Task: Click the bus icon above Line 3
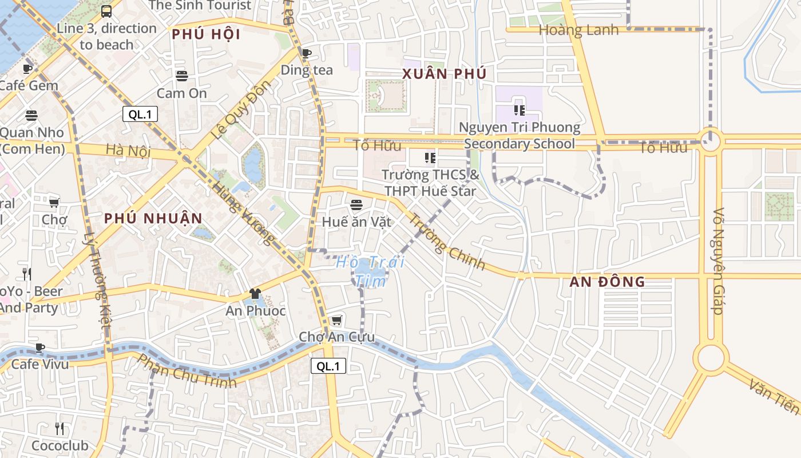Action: coord(106,11)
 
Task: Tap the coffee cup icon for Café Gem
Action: coord(27,69)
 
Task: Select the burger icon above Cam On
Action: coord(182,76)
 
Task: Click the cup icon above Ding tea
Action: coord(307,53)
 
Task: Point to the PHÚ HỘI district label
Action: coord(206,34)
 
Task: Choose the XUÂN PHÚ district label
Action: coord(444,74)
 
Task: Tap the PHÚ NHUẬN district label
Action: coord(153,218)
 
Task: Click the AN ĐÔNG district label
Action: coord(607,282)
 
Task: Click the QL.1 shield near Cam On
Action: coord(140,114)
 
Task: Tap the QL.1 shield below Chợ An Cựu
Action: coord(328,366)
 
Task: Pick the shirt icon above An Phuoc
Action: coord(255,294)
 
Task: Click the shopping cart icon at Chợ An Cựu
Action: coord(337,320)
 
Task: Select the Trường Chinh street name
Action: coord(447,242)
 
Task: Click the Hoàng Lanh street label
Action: coord(578,30)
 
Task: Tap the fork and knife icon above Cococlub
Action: coord(60,428)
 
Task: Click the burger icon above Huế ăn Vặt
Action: coord(356,204)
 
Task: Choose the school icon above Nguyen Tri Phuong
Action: coord(519,110)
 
